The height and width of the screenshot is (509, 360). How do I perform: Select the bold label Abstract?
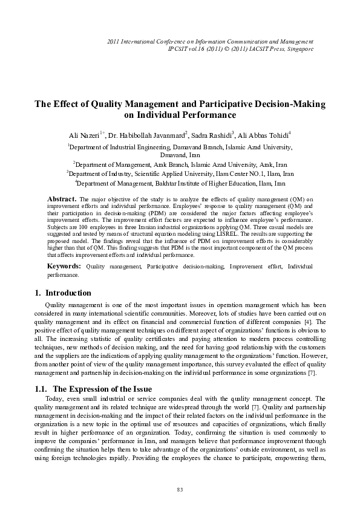[61, 198]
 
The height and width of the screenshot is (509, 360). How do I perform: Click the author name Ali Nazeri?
[86, 134]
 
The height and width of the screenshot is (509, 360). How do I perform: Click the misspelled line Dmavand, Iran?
[180, 155]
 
